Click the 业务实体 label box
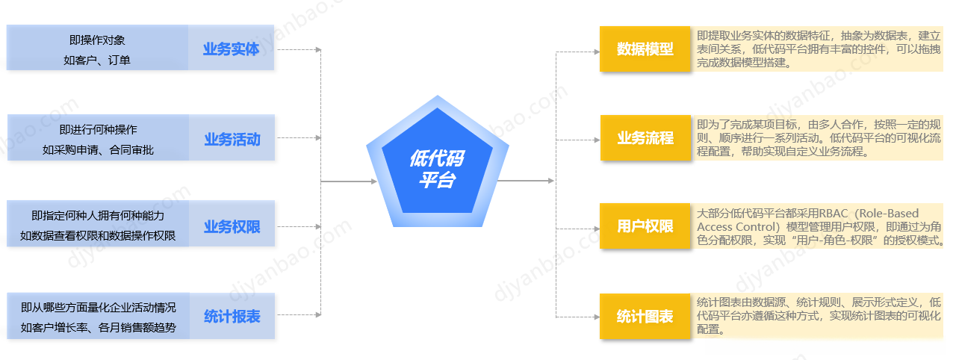point(232,49)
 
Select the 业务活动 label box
point(232,138)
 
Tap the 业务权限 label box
point(232,226)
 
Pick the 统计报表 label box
point(232,316)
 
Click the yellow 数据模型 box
point(645,49)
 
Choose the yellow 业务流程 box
point(645,138)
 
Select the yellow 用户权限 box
point(645,226)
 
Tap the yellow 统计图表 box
point(645,316)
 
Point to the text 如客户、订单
point(97,60)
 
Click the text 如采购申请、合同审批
point(98,149)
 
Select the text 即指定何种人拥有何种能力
point(98,216)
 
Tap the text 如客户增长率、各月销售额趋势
point(98,327)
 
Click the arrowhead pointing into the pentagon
point(374,181)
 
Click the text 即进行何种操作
point(98,129)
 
